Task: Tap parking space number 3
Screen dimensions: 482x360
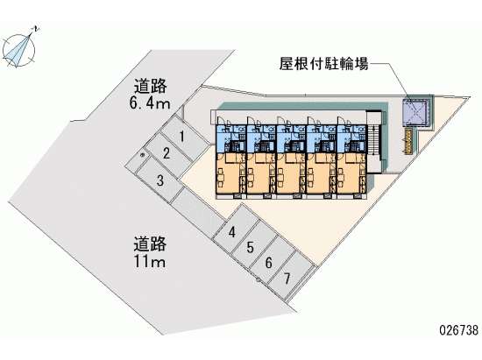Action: click(x=159, y=180)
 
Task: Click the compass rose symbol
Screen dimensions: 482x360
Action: click(x=19, y=50)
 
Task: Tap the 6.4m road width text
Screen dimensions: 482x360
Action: click(x=150, y=103)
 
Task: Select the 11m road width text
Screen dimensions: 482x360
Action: click(x=150, y=261)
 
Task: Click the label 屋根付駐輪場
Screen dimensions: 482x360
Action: click(x=323, y=64)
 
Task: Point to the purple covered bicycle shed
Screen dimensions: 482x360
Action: click(x=415, y=112)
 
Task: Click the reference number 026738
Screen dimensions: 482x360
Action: click(x=458, y=330)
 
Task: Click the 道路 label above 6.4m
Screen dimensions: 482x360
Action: click(x=150, y=86)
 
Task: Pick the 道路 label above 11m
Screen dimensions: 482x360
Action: click(x=150, y=244)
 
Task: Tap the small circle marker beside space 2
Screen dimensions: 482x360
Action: click(x=142, y=155)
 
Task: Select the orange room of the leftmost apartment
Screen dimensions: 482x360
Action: click(x=228, y=173)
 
